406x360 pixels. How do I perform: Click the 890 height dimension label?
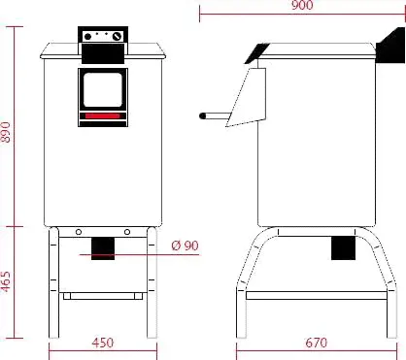[x=6, y=132]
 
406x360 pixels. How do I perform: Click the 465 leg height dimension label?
[x=6, y=281]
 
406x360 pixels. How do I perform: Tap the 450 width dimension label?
[x=103, y=343]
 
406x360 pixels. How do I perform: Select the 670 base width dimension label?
[x=317, y=343]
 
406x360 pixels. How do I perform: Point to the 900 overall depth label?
[x=302, y=5]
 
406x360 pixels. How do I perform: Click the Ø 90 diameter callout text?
[x=185, y=245]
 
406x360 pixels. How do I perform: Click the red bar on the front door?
[x=103, y=115]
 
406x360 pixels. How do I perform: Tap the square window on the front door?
[x=103, y=90]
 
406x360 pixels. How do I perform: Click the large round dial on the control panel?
[x=117, y=37]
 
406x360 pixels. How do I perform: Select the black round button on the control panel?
[x=87, y=37]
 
